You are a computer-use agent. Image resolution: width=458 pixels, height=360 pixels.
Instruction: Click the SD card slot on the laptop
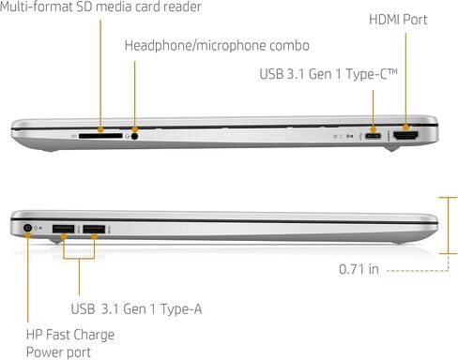(100, 136)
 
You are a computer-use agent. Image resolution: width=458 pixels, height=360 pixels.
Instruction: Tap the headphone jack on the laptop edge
(134, 136)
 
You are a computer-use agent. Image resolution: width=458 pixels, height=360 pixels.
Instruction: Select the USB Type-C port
(373, 136)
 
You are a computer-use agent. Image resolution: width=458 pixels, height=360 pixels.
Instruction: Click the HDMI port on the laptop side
(406, 136)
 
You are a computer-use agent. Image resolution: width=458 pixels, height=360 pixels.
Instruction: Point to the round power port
(28, 228)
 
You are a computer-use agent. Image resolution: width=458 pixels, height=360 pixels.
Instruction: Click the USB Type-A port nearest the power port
(64, 229)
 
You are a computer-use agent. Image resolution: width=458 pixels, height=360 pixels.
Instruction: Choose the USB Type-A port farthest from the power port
(94, 229)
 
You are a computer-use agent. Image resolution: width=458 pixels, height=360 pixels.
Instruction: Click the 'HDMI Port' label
(398, 20)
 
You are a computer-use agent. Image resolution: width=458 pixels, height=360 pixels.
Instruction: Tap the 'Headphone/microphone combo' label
(217, 46)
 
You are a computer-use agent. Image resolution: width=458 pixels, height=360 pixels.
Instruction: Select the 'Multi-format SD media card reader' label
(100, 7)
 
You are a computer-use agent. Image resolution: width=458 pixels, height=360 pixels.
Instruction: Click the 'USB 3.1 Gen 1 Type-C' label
(328, 74)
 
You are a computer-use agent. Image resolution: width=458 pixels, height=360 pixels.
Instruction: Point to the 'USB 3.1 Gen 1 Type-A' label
(136, 309)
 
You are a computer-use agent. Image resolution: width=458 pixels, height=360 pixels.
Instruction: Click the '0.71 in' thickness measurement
(359, 269)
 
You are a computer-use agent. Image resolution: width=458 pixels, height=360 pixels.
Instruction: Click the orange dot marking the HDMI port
(406, 127)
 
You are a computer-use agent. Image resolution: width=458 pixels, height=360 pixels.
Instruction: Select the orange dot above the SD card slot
(100, 129)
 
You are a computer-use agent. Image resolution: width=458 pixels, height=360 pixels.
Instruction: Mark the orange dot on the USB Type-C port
(373, 129)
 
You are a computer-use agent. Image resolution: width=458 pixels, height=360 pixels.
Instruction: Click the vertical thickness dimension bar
(448, 225)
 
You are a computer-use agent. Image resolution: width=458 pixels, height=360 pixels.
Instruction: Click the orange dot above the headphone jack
(135, 129)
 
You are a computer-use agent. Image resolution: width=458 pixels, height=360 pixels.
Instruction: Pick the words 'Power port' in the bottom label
(58, 352)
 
